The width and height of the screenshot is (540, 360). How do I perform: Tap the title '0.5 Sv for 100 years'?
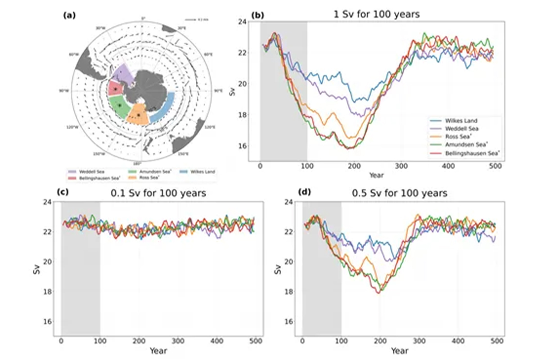(x=399, y=194)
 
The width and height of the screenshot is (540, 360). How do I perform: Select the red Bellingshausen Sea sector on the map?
(x=115, y=88)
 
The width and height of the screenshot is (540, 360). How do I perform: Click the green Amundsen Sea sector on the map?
(x=119, y=106)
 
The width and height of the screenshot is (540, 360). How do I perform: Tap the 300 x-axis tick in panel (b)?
(x=401, y=166)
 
